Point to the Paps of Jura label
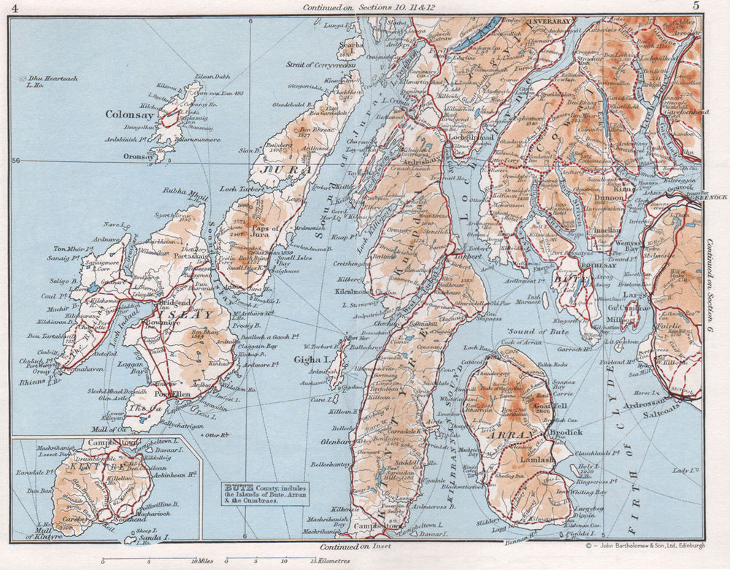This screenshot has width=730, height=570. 265,231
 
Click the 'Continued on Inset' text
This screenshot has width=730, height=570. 356,545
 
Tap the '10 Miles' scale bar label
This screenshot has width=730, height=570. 203,561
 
